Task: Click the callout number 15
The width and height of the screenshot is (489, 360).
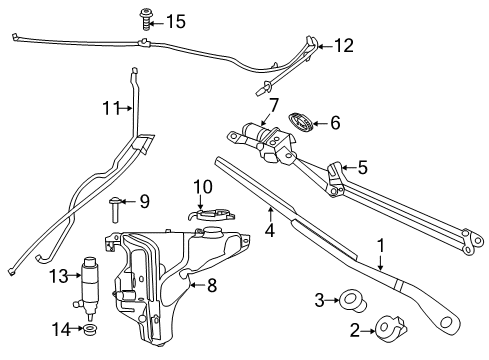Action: click(176, 21)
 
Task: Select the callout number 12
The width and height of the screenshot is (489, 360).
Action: click(343, 45)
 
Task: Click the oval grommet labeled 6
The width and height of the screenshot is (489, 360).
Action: click(300, 123)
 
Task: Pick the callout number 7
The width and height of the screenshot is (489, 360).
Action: click(272, 103)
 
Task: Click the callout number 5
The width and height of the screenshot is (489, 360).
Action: click(363, 167)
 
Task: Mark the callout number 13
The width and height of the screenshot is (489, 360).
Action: click(60, 275)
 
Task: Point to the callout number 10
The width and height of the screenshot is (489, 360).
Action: click(203, 185)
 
